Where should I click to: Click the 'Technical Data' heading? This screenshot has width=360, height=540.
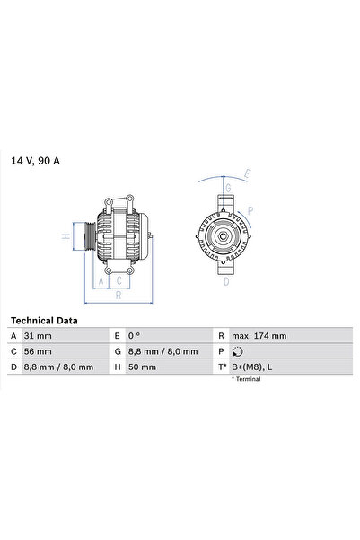pyautogui.click(x=44, y=320)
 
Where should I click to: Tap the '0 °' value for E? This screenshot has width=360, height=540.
pyautogui.click(x=135, y=335)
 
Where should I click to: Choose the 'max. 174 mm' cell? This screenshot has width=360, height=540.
pyautogui.click(x=260, y=335)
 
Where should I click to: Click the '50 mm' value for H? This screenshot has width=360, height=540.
pyautogui.click(x=142, y=367)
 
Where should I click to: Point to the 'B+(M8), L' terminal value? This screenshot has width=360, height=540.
pyautogui.click(x=253, y=367)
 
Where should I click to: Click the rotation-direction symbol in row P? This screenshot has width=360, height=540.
pyautogui.click(x=236, y=351)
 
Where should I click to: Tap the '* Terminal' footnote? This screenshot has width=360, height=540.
pyautogui.click(x=247, y=380)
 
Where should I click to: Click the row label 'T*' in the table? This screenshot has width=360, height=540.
pyautogui.click(x=221, y=367)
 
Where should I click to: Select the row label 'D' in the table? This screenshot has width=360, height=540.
pyautogui.click(x=14, y=367)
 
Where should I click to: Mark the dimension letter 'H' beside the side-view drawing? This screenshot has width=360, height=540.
pyautogui.click(x=66, y=236)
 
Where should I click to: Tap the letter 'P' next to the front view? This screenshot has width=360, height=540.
pyautogui.click(x=250, y=212)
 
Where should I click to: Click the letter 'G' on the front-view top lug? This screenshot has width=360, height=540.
pyautogui.click(x=228, y=188)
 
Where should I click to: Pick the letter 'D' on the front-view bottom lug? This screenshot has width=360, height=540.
pyautogui.click(x=226, y=282)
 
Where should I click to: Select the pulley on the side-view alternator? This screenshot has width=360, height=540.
pyautogui.click(x=88, y=236)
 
